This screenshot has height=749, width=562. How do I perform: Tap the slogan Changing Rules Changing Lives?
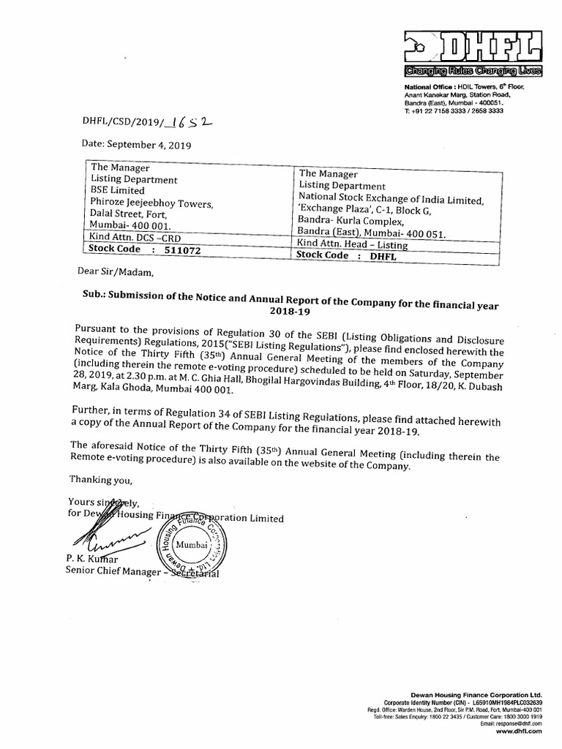(x=475, y=71)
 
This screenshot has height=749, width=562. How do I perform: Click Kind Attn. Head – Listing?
(x=353, y=244)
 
